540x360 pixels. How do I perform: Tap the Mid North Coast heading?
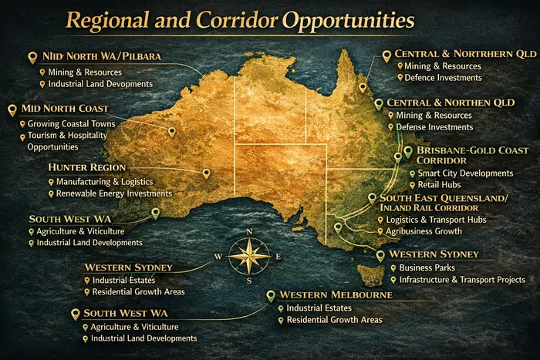point(66,109)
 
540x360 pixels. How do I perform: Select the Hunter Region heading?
point(86,167)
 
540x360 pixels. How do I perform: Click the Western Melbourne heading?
point(336,294)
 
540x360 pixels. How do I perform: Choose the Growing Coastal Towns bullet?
point(71,123)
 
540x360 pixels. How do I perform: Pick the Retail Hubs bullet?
point(439,185)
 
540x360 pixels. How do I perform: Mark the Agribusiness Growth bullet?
point(424,231)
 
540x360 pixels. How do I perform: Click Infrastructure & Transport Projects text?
point(462,280)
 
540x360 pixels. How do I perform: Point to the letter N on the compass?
point(249,232)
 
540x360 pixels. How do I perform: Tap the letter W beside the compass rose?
point(218,257)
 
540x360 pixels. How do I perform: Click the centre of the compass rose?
point(249,257)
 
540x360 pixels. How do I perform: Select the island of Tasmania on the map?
point(373,272)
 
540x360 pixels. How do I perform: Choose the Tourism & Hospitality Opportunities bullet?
point(66,141)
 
